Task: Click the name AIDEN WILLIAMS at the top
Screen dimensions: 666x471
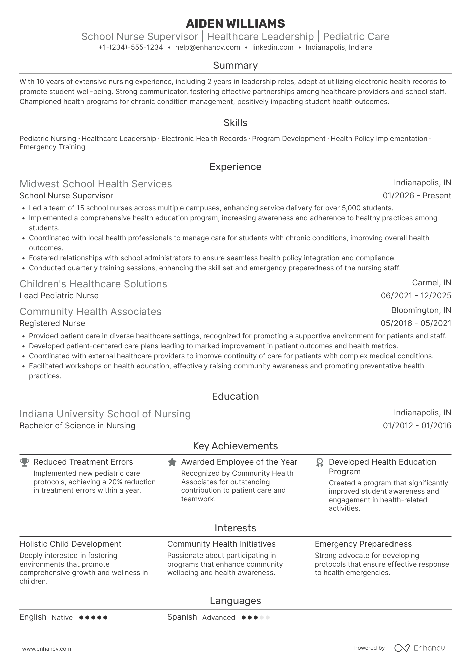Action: coord(235,24)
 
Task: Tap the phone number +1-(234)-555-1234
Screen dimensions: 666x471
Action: coord(131,47)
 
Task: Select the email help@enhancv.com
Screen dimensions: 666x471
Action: coord(207,47)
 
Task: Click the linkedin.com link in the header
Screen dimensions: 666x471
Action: coord(273,47)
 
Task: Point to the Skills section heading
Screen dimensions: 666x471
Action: coord(235,123)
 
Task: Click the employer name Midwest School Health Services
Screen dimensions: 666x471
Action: coord(96,184)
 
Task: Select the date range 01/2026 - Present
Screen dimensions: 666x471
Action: coord(417,196)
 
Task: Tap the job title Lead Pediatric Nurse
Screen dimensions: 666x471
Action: coord(59,296)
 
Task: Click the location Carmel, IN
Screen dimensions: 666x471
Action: coord(431,283)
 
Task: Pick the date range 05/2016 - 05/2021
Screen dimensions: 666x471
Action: coord(416,323)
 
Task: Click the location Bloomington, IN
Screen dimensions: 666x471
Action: coord(421,310)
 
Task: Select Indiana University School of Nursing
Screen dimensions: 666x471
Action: coord(105,414)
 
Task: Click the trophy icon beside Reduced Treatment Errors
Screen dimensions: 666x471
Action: coord(24,462)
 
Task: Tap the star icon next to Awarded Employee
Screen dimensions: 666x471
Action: coord(172,462)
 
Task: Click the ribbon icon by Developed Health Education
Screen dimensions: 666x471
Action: coord(320,462)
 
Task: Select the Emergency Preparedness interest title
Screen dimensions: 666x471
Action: coord(363,544)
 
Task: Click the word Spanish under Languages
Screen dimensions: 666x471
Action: coord(182,617)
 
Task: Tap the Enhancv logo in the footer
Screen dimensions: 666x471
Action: coord(420,648)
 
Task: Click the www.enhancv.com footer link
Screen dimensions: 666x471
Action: coord(47,649)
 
